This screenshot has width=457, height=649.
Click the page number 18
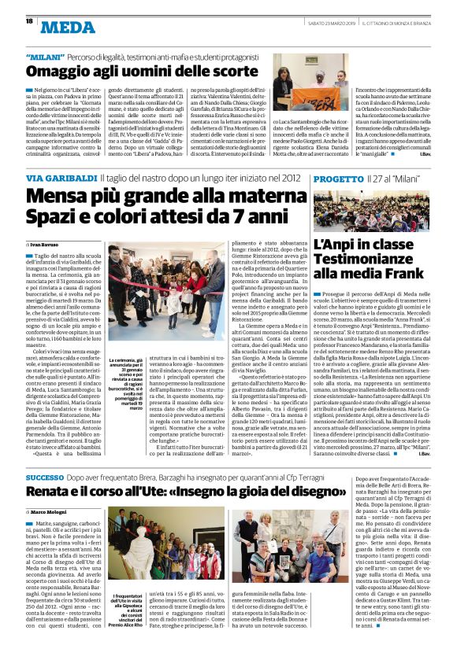pos(29,21)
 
